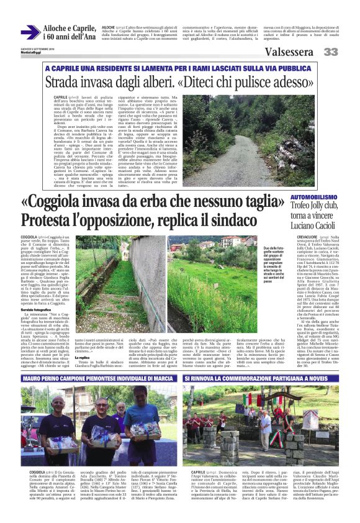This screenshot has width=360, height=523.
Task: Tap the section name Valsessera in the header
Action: click(289, 52)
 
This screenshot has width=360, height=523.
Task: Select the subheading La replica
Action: click(84, 358)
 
